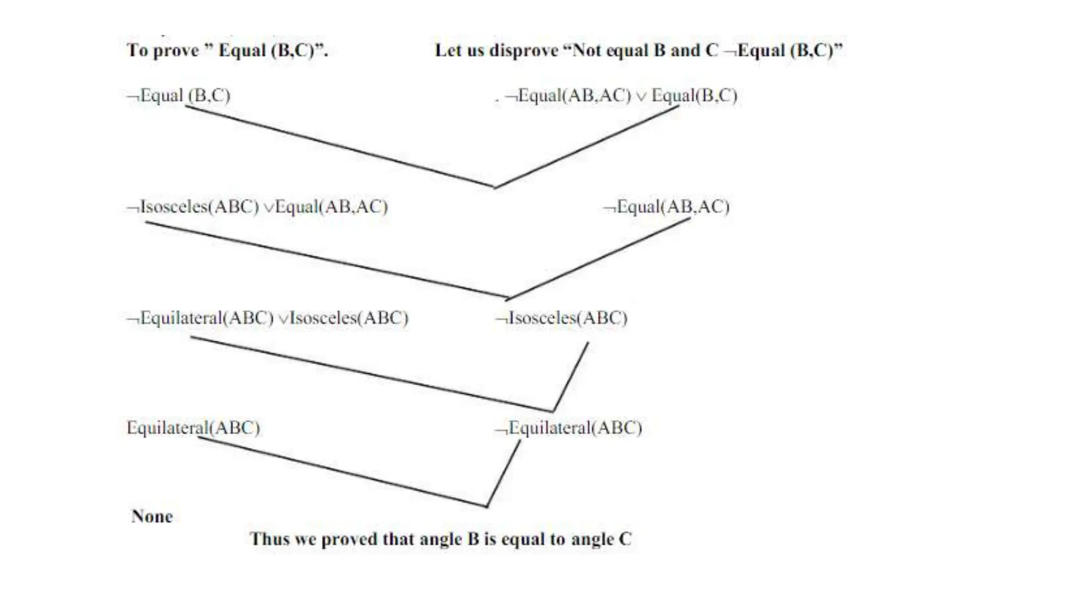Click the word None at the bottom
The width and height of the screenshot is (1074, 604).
click(x=152, y=516)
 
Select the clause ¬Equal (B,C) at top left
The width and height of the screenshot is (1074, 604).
click(x=179, y=95)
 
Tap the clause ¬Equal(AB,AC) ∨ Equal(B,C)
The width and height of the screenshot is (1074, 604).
click(x=621, y=95)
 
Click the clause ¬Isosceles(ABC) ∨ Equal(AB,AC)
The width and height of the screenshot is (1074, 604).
click(x=257, y=207)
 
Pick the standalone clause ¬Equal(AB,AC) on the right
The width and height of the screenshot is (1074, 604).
click(x=667, y=207)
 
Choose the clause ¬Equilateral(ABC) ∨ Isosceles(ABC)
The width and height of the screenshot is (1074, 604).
click(x=267, y=318)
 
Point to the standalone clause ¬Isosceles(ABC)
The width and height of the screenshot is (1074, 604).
click(x=562, y=318)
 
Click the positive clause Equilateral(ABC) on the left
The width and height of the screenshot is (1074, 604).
click(x=194, y=428)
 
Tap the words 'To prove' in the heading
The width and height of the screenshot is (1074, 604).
click(x=163, y=50)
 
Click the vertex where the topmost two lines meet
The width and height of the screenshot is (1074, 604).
click(x=495, y=187)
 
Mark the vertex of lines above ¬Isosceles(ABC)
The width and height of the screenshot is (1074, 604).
click(x=507, y=299)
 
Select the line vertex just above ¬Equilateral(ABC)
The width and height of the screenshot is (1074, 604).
click(x=553, y=411)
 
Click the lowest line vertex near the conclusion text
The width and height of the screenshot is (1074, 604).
click(x=487, y=506)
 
